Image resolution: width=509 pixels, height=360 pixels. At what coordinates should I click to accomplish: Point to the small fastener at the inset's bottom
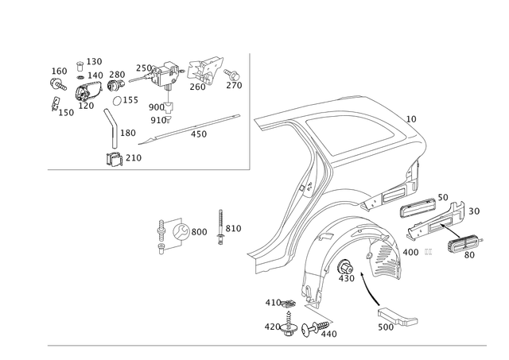[113, 156]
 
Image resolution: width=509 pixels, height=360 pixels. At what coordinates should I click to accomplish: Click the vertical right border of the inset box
[251, 111]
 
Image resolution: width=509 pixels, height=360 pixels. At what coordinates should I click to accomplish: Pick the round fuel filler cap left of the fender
[179, 231]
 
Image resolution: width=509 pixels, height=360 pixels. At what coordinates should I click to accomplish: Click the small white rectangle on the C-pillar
[317, 167]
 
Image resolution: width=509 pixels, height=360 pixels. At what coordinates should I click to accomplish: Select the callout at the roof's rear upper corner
[410, 119]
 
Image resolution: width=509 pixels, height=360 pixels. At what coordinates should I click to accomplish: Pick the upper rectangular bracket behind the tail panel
[418, 208]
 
